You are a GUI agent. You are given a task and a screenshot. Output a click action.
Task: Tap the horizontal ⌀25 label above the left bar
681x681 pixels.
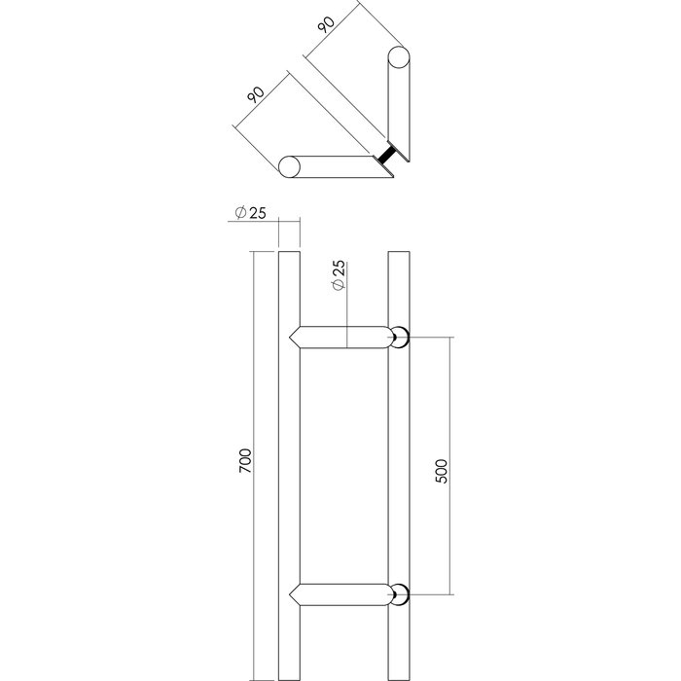[x=251, y=214]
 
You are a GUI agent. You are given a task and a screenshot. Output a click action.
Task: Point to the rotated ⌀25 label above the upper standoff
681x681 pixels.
[x=337, y=276]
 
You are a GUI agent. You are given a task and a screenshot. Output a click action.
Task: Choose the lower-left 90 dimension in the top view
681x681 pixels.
[x=256, y=95]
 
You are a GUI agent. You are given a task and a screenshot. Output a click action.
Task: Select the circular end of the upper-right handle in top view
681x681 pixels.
[x=399, y=56]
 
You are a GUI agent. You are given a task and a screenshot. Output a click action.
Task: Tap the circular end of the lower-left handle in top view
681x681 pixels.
[x=289, y=166]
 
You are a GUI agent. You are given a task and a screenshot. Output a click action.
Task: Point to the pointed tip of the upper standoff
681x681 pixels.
[x=293, y=338]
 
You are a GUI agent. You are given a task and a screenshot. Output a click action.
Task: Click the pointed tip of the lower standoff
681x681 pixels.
[x=293, y=592]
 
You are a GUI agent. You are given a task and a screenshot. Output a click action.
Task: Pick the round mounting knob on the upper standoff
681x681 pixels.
[x=399, y=339]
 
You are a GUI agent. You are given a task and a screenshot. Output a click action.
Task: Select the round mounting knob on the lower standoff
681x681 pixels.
[x=399, y=592]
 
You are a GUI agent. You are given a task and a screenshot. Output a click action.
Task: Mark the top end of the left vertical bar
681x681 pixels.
[x=288, y=256]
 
